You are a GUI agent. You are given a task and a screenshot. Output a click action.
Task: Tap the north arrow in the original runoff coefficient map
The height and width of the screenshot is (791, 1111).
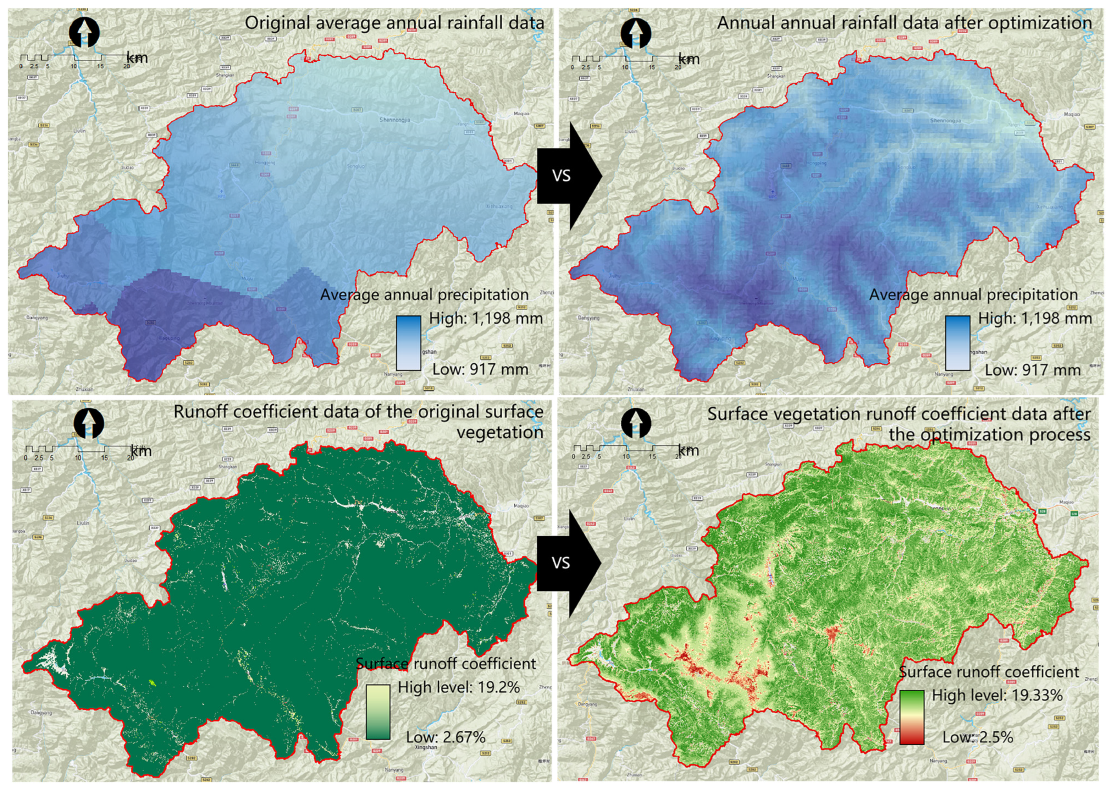89,422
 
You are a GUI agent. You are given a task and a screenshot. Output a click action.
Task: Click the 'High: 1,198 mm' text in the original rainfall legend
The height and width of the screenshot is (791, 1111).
486,319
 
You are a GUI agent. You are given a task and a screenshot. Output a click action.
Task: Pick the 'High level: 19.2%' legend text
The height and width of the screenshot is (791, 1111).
459,687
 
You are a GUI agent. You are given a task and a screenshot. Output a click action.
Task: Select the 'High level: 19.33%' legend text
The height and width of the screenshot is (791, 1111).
997,695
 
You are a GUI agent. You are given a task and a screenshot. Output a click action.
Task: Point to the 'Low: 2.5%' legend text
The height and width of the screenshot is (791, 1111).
977,737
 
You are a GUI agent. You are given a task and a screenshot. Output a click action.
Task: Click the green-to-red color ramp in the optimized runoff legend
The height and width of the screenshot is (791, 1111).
912,717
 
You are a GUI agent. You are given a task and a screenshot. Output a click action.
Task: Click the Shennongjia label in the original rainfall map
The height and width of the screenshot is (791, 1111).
395,120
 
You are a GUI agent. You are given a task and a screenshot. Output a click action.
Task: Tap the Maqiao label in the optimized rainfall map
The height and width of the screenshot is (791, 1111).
1072,114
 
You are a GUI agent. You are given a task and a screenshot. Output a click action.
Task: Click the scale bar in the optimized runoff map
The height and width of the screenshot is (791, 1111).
626,449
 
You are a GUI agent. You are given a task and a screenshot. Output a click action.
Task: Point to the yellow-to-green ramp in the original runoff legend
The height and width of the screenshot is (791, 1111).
377,712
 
